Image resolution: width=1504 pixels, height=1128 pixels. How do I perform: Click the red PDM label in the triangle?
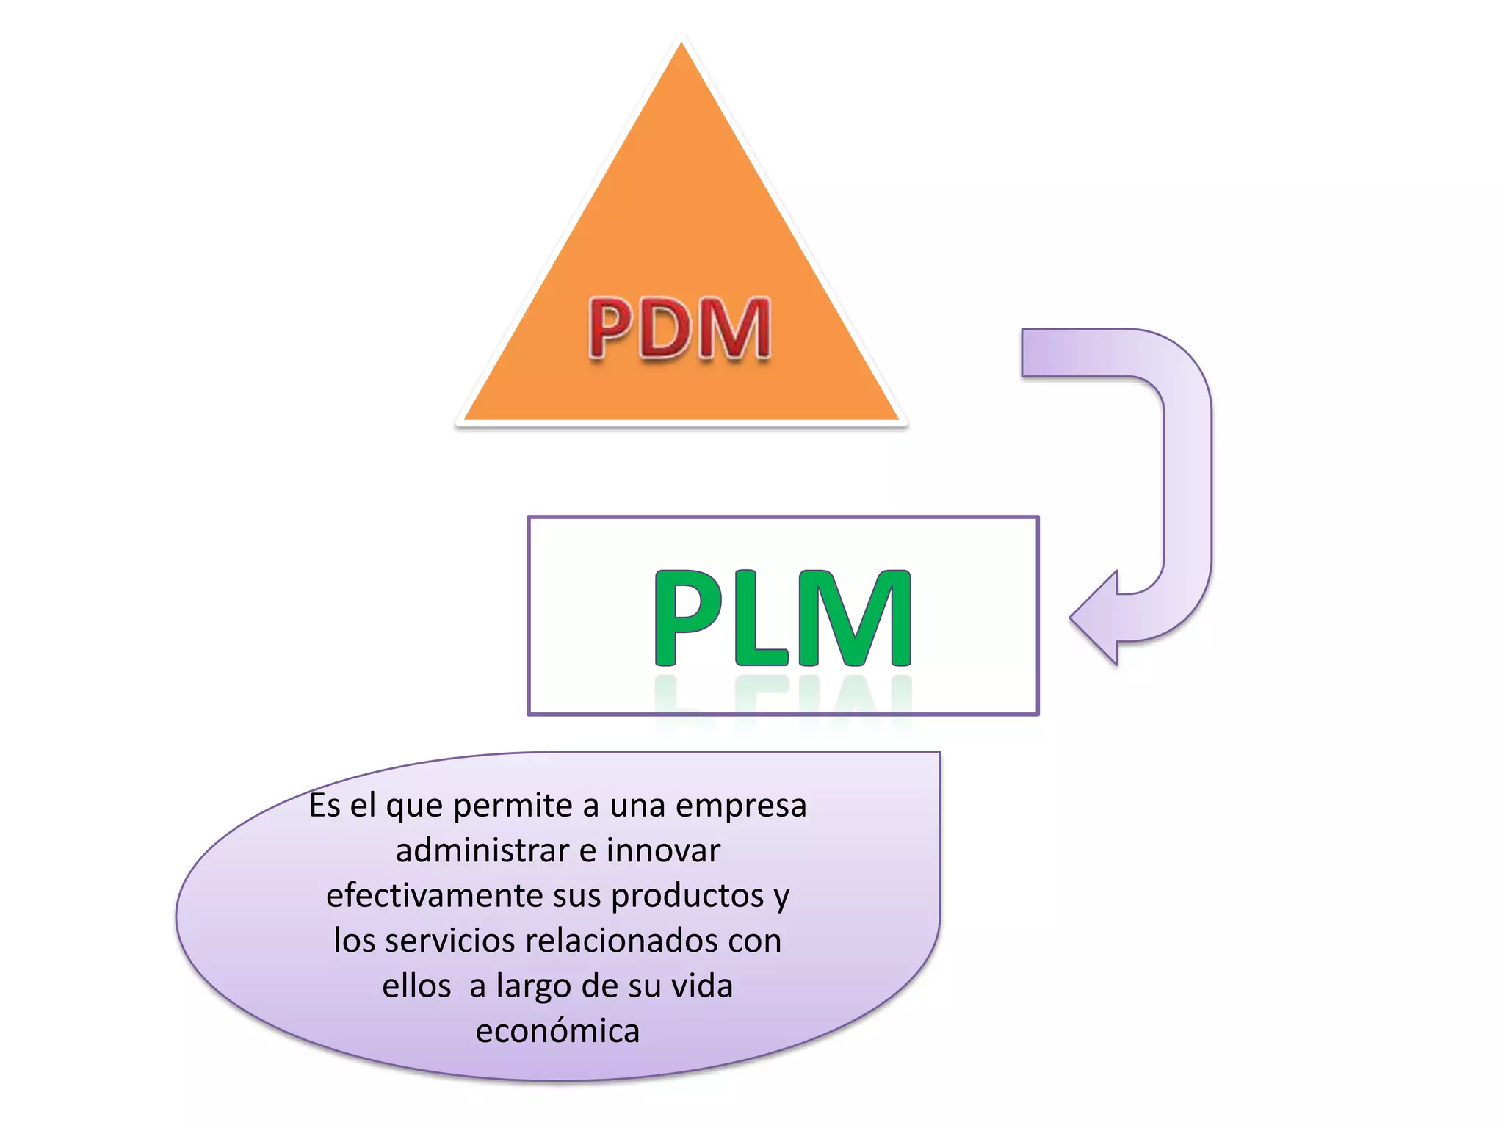(680, 328)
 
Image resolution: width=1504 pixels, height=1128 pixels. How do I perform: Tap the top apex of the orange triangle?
(681, 48)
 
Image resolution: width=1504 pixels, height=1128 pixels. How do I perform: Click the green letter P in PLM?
(688, 618)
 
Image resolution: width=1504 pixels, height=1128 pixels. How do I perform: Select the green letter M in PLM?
(856, 618)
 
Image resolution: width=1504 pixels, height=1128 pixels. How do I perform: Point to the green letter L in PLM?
(762, 618)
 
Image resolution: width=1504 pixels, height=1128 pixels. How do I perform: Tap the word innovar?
(663, 850)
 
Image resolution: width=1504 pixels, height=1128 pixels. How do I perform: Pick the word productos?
(687, 896)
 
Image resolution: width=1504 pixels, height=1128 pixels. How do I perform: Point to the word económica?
(558, 1032)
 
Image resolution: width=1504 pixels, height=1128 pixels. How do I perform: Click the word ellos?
(416, 986)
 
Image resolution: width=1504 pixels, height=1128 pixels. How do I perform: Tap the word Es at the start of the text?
(325, 806)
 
